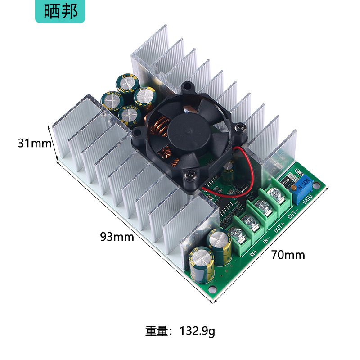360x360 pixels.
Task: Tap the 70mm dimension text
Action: tap(288, 255)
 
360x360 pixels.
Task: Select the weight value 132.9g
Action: tap(198, 332)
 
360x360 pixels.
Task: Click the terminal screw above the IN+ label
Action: tap(236, 233)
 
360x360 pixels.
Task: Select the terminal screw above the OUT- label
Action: tap(274, 194)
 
